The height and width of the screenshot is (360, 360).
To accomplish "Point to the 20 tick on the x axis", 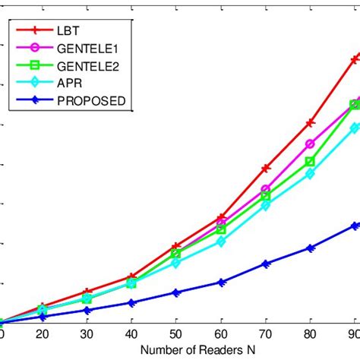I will (43, 336).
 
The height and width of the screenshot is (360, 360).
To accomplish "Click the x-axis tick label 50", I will (176, 336).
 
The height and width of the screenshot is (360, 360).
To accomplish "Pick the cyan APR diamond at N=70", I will (266, 205).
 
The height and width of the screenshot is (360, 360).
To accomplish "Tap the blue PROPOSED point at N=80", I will (310, 248).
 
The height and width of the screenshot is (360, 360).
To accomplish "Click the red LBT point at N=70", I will (266, 168).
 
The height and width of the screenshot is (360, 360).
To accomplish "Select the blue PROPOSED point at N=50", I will (176, 292).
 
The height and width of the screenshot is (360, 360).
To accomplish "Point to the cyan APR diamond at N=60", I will (221, 242).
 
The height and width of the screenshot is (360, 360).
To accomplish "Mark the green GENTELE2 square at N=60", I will (221, 229).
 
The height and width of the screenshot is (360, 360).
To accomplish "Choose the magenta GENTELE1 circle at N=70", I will (266, 189).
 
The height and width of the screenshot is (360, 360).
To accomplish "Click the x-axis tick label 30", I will (87, 336).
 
